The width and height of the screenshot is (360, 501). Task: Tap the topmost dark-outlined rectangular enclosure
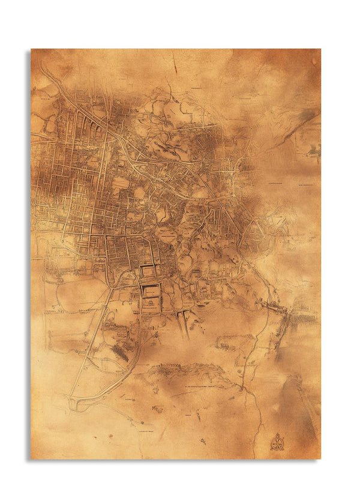pyautogui.click(x=148, y=272)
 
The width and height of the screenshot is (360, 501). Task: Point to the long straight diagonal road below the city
pyautogui.click(x=90, y=342)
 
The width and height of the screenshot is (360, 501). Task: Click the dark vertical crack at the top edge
pyautogui.click(x=173, y=63)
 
